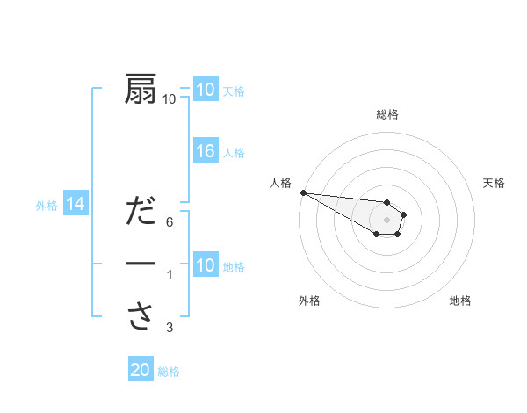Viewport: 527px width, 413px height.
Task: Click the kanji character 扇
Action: (141, 89)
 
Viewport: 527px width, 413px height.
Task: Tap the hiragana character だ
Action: (141, 213)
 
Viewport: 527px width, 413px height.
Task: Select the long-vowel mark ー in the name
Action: (141, 264)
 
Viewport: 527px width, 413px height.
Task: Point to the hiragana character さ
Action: (141, 315)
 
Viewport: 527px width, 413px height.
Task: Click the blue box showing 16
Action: (206, 151)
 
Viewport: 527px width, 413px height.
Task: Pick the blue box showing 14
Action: (75, 205)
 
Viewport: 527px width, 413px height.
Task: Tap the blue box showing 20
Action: (141, 370)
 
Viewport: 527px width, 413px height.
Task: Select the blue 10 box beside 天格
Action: (206, 89)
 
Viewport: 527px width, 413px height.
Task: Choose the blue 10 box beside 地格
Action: (206, 264)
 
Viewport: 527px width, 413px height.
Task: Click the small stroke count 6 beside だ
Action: (170, 221)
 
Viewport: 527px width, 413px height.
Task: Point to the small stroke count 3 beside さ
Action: (170, 329)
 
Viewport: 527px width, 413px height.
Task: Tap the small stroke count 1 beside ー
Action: (170, 276)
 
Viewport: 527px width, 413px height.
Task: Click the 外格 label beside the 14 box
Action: (47, 206)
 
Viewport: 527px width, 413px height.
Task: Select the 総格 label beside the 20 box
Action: (169, 372)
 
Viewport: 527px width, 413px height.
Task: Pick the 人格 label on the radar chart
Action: (280, 183)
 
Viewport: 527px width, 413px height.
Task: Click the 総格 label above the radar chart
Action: (387, 114)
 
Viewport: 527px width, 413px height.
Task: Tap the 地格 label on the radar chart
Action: (460, 301)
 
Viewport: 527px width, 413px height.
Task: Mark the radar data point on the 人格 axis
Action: (302, 192)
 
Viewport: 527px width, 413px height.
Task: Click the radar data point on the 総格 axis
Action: (387, 202)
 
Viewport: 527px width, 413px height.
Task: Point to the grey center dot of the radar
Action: (387, 219)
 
